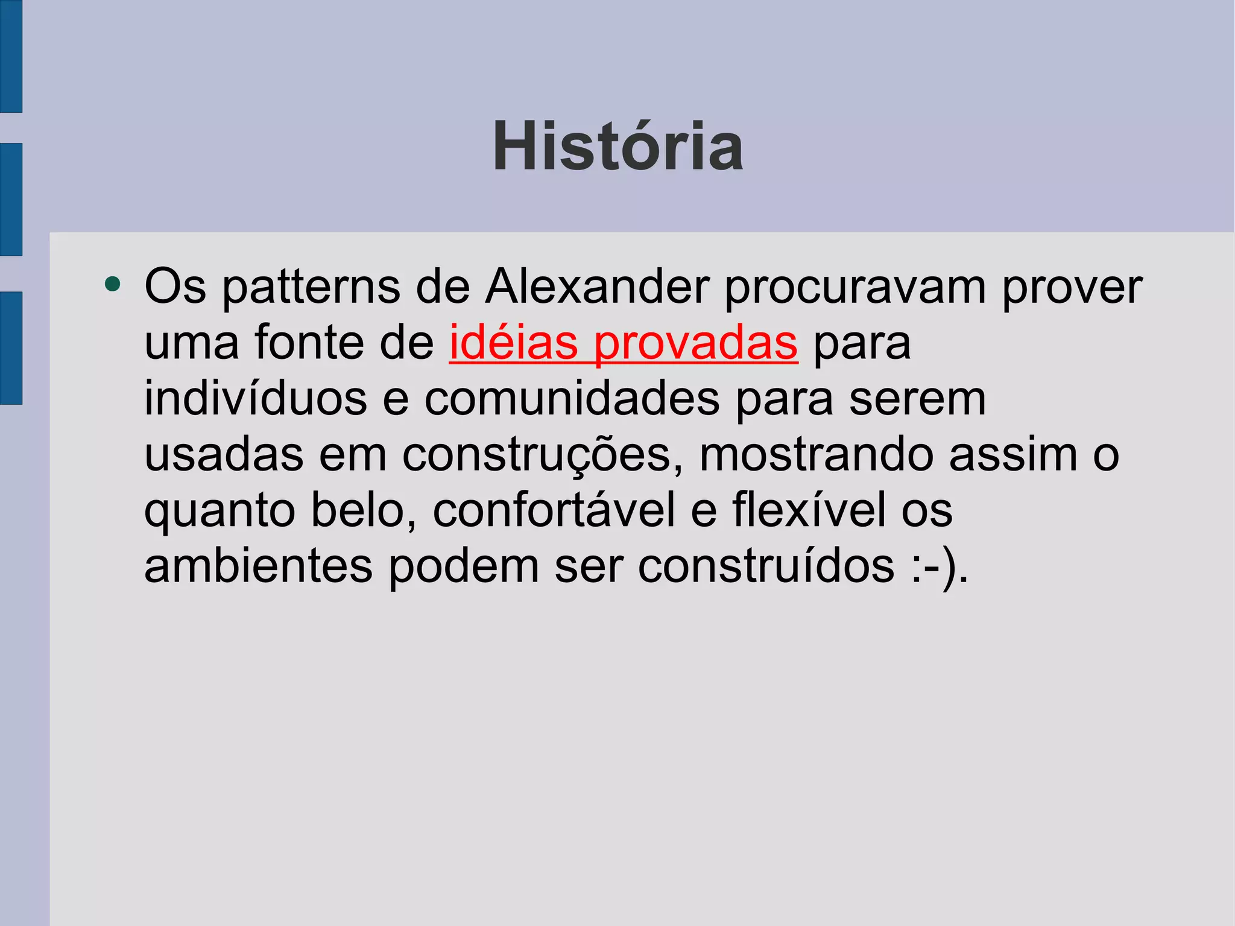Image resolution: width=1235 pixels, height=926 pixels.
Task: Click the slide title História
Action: pos(617,147)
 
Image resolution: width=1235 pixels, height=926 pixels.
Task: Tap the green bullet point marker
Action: pos(113,284)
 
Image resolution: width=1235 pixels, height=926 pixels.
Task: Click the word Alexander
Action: pos(598,286)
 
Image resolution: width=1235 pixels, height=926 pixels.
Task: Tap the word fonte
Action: pos(309,342)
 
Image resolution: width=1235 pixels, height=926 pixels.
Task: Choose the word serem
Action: pos(917,399)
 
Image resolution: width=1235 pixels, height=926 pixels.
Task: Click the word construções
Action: pos(537,455)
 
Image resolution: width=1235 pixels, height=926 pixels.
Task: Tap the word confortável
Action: pos(554,510)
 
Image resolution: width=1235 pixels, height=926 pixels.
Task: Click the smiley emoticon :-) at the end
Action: pos(935,567)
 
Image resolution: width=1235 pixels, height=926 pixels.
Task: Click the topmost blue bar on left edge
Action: pos(11,56)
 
